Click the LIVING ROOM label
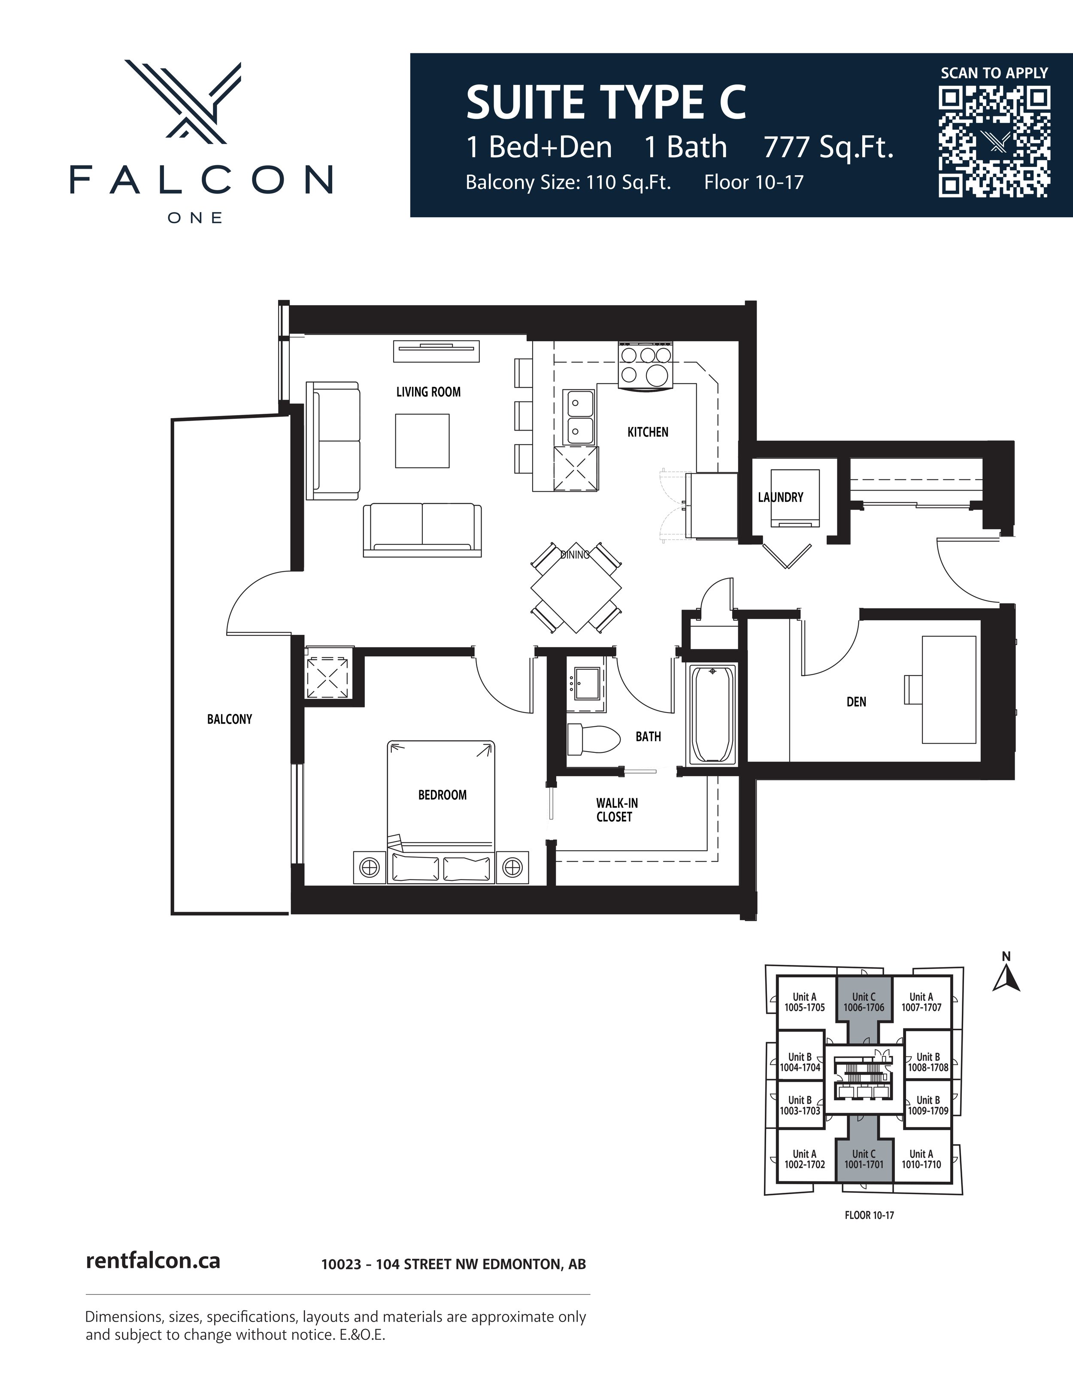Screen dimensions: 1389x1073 click(x=428, y=392)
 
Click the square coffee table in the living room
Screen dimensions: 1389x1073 click(x=422, y=441)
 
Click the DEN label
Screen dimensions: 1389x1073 click(x=856, y=701)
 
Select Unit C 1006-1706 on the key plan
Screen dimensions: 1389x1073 click(x=864, y=1002)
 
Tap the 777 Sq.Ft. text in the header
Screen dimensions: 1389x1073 click(x=828, y=148)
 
